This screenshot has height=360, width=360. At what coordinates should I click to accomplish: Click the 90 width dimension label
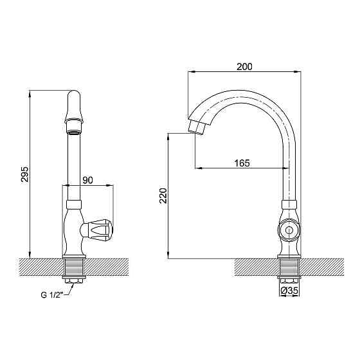[x=89, y=181]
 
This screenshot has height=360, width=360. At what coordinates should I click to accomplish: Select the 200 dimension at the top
[x=244, y=66]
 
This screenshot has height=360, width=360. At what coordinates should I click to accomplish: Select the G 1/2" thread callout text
[x=52, y=296]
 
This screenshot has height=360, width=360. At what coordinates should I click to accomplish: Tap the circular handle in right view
[x=289, y=229]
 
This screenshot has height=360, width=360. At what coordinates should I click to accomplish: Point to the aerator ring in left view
[x=74, y=132]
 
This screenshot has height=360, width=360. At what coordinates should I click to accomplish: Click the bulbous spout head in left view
[x=74, y=108]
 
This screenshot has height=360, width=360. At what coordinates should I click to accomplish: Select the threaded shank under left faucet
[x=74, y=266]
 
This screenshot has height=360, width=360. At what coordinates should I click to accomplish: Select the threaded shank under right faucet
[x=289, y=266]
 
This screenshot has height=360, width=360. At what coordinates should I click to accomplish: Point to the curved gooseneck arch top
[x=244, y=94]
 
